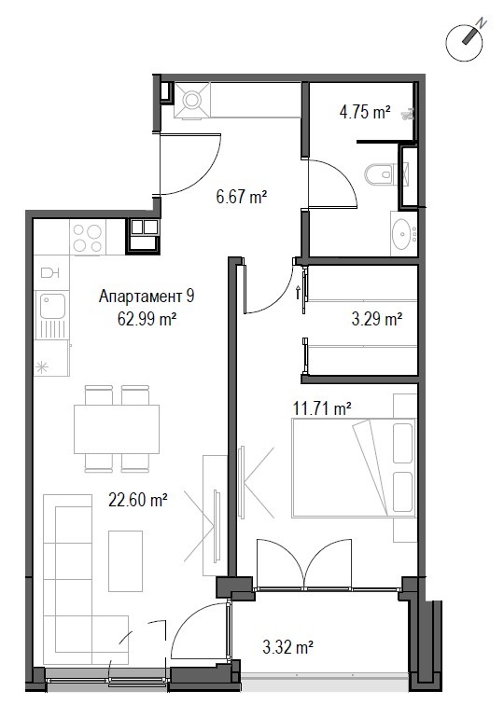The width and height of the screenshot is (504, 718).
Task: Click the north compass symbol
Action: pyautogui.click(x=465, y=42)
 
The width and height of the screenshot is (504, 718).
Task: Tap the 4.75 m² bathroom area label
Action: pyautogui.click(x=365, y=112)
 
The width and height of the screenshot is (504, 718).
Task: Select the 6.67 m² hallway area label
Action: pyautogui.click(x=242, y=197)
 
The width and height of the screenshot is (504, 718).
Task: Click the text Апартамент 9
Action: pyautogui.click(x=147, y=297)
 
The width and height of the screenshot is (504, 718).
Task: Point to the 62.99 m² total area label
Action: pyautogui.click(x=147, y=318)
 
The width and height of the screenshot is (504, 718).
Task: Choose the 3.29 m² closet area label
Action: pyautogui.click(x=377, y=318)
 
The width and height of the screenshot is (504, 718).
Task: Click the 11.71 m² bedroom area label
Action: pyautogui.click(x=322, y=407)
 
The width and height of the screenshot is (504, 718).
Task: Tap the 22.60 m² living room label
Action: pyautogui.click(x=138, y=499)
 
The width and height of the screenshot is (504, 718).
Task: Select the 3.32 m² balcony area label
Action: pyautogui.click(x=287, y=647)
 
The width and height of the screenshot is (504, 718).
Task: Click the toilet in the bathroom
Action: pyautogui.click(x=380, y=174)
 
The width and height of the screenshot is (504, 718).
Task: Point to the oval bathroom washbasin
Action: pyautogui.click(x=403, y=233)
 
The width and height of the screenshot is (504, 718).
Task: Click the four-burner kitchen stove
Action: pyautogui.click(x=88, y=237)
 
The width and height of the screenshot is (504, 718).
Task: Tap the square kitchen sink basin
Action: pyautogui.click(x=52, y=306)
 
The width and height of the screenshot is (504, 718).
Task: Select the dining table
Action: pyautogui.click(x=117, y=429)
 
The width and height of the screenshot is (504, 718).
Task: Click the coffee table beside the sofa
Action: pyautogui.click(x=126, y=561)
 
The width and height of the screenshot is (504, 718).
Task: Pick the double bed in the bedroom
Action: pyautogui.click(x=354, y=468)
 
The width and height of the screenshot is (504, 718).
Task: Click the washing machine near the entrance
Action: pyautogui.click(x=192, y=101)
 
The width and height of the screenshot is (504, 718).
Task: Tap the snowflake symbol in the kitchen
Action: pyautogui.click(x=42, y=367)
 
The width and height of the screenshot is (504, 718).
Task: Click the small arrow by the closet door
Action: pyautogui.click(x=299, y=292)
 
